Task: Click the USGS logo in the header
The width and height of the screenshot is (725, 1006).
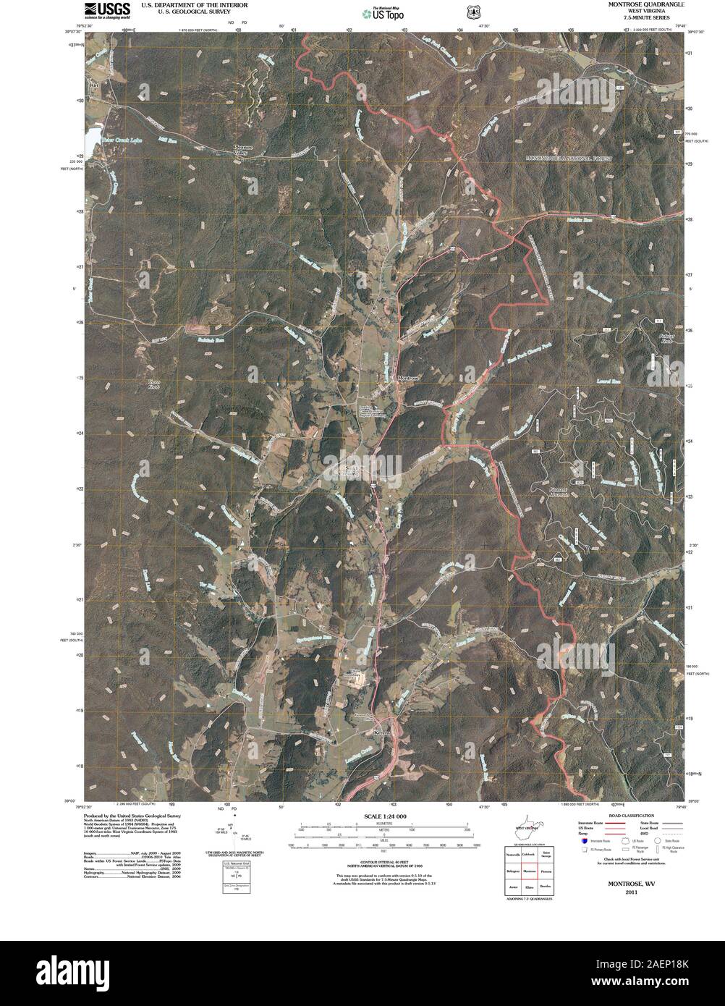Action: pos(106,9)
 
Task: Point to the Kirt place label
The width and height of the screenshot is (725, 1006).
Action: pos(93,85)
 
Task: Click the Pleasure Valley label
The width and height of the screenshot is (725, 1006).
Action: pos(240,150)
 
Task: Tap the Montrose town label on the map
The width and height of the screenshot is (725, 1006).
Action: pos(407,377)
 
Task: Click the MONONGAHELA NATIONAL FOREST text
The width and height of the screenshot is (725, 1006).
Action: pos(569,158)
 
